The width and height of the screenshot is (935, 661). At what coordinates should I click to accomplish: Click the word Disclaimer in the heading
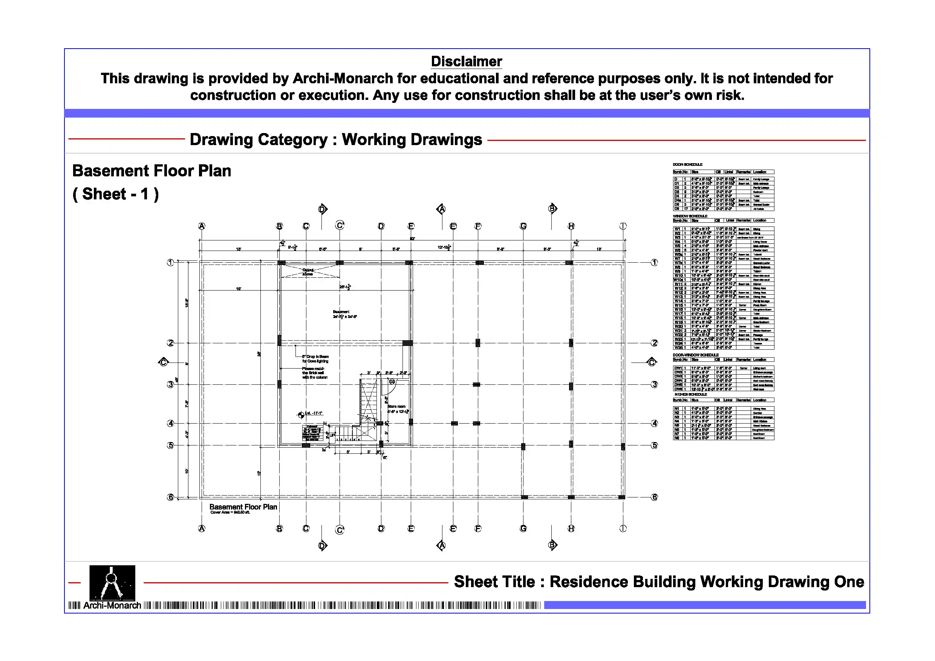click(x=466, y=61)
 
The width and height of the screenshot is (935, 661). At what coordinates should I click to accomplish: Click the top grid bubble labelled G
click(x=523, y=226)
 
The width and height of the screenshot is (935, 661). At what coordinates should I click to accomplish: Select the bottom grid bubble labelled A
click(x=202, y=529)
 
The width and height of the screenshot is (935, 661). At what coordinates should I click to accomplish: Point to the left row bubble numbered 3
click(x=171, y=384)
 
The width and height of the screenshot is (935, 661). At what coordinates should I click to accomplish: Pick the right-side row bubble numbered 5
click(x=654, y=445)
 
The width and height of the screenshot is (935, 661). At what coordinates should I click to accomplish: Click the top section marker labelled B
click(x=552, y=208)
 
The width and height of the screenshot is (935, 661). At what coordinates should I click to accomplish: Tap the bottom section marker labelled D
click(x=323, y=545)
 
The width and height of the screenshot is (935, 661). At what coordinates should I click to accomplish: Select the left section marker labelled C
click(x=163, y=362)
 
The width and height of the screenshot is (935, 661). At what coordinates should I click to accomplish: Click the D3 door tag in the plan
click(x=392, y=382)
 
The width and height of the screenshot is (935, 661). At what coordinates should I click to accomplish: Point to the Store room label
click(x=396, y=407)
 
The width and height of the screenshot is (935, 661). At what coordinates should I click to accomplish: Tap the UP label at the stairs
click(x=332, y=435)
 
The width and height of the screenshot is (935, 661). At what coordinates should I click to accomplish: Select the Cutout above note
click(x=308, y=272)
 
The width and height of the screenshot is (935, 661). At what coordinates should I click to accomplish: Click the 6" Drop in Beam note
click(x=315, y=357)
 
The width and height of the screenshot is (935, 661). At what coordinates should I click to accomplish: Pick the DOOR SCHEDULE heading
click(x=687, y=165)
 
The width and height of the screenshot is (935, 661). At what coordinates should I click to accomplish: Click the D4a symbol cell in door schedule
click(x=678, y=200)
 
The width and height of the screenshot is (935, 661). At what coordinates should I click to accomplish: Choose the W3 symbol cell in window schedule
click(x=677, y=237)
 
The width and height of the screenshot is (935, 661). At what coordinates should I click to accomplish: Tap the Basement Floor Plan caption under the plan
click(x=243, y=507)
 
